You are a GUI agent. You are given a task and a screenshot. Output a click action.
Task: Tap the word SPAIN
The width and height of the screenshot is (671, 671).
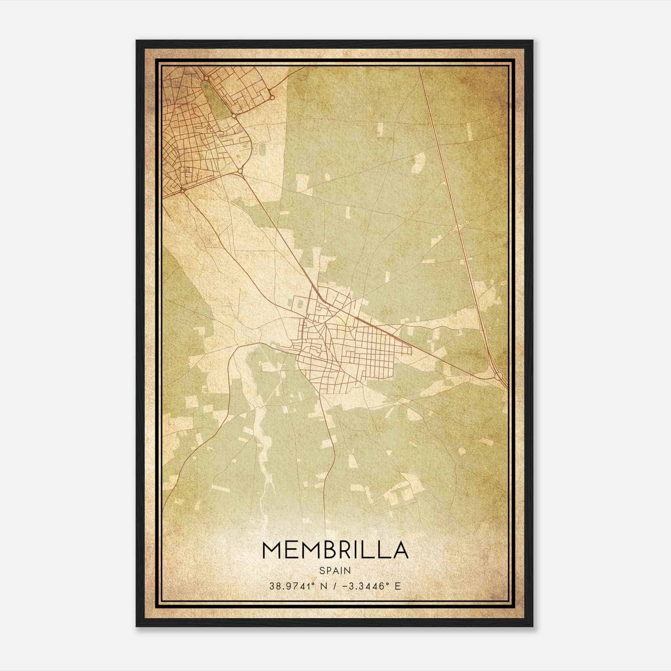tap(335, 570)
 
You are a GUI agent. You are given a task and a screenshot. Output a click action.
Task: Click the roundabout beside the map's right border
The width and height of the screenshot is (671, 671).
tap(499, 376)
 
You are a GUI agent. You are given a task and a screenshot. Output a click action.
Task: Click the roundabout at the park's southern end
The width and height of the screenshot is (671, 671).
tap(234, 114)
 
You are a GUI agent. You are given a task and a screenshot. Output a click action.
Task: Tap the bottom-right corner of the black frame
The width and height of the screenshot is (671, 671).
tap(533, 627)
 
